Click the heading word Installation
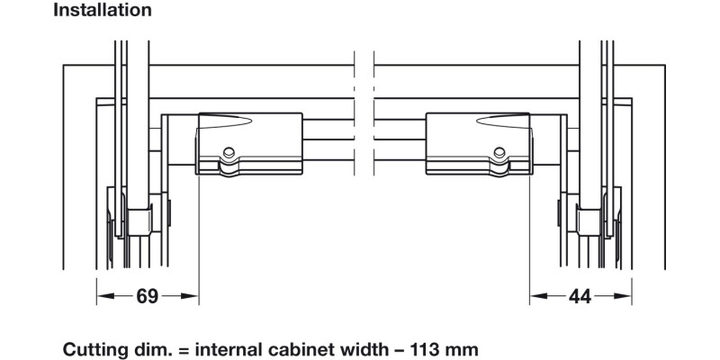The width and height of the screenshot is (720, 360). pos(103,10)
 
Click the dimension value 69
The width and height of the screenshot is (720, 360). pos(148,296)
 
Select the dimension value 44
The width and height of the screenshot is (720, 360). pos(580,297)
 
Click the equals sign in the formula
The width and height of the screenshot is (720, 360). pos(183,350)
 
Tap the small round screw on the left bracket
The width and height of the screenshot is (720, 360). pos(229,153)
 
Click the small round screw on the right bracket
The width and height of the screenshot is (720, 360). pos(499,152)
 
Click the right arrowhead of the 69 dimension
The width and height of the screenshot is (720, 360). pos(189,296)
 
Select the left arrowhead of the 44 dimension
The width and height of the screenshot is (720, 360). pos(538,296)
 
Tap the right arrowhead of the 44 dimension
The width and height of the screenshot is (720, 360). pos(623,296)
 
